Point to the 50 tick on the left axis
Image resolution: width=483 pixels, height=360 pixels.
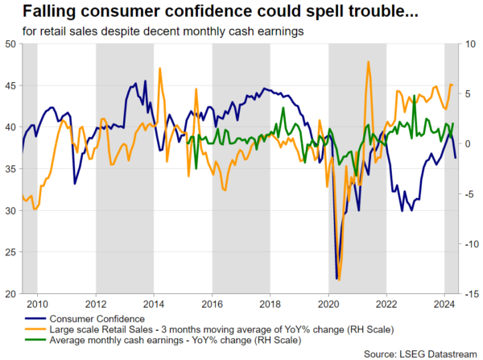12,43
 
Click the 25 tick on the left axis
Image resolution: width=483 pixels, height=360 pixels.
12,252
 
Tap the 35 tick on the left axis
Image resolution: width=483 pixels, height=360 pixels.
12,169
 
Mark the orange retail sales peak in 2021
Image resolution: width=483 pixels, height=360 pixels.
368,62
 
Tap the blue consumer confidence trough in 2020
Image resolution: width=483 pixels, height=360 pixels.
336,279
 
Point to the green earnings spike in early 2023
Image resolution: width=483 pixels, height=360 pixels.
414,97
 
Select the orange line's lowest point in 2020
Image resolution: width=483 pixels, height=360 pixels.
340,279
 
